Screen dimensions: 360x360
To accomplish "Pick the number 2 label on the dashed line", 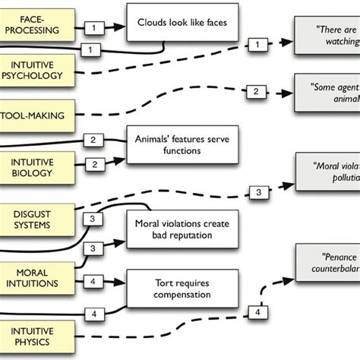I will (x=256, y=93).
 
